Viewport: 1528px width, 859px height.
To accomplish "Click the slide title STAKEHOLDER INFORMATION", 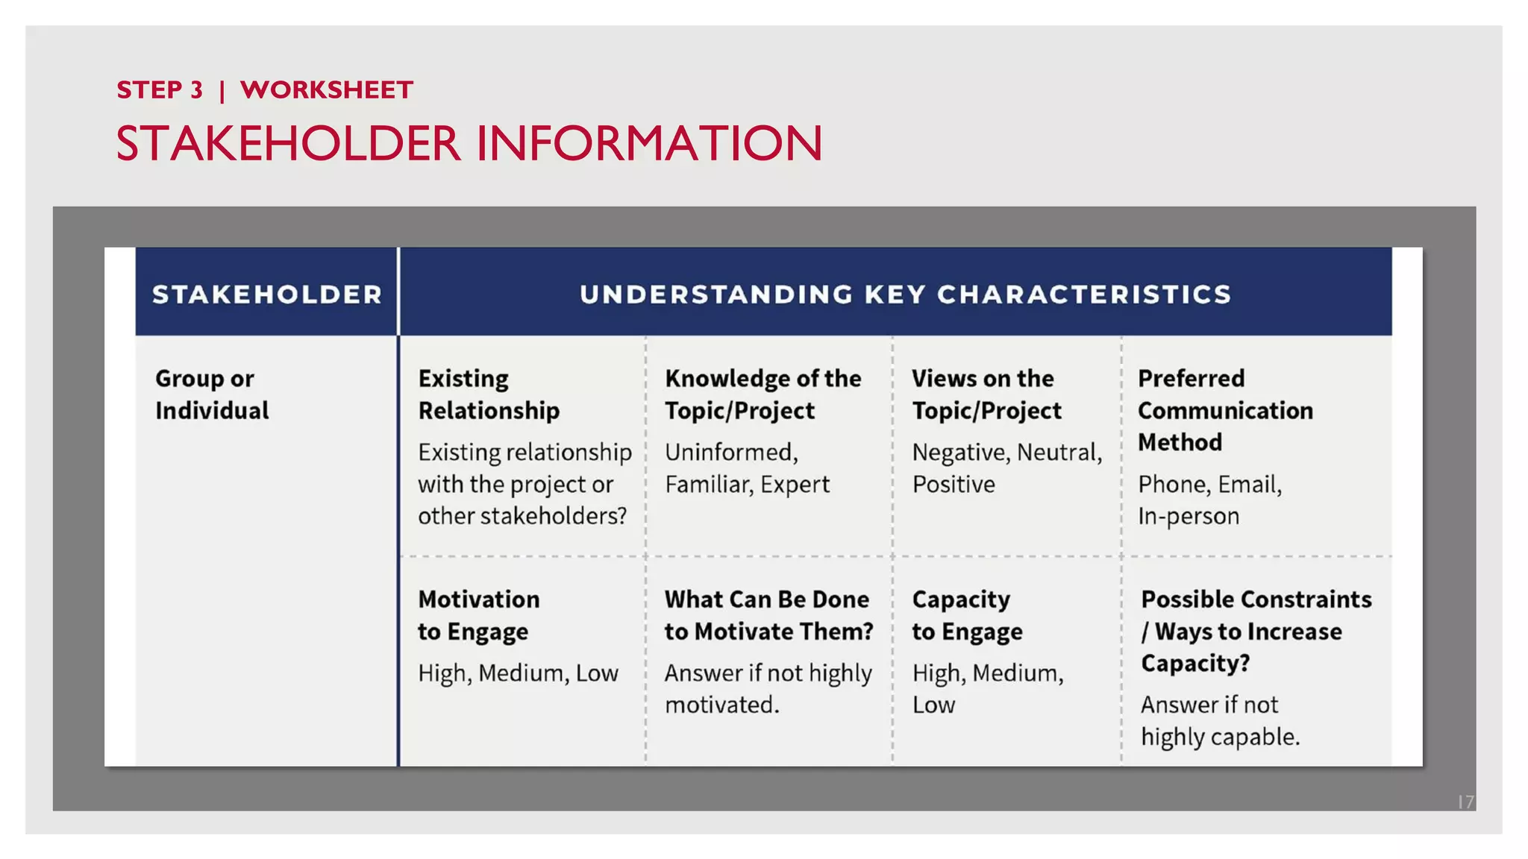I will click(469, 143).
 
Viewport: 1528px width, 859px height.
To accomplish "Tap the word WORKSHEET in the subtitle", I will click(326, 90).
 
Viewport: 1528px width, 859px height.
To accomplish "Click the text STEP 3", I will click(160, 90).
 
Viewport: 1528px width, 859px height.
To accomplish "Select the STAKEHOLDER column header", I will click(266, 295).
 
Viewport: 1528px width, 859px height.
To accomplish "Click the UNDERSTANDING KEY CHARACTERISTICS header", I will click(905, 295).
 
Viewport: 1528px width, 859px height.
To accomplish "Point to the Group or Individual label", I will click(212, 394).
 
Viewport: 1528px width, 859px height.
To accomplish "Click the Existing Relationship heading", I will click(488, 394).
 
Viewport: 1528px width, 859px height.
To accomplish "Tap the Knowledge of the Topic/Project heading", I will click(763, 394).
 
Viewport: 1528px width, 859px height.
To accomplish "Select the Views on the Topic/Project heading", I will click(986, 394).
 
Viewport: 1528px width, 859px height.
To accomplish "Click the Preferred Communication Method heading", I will click(1224, 410).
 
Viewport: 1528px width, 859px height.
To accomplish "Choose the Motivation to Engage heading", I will click(478, 615).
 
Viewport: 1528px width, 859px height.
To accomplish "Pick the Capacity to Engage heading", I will click(966, 615).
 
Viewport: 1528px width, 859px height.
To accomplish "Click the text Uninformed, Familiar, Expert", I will click(746, 468).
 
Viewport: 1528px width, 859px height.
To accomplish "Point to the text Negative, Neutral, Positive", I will click(1006, 468).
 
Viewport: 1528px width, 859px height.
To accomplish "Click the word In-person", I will click(1188, 516).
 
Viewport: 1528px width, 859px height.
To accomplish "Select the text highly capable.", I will click(1219, 737).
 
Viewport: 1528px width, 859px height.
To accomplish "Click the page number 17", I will click(1465, 802).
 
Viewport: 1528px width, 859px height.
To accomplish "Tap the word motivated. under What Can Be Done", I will click(721, 705).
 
